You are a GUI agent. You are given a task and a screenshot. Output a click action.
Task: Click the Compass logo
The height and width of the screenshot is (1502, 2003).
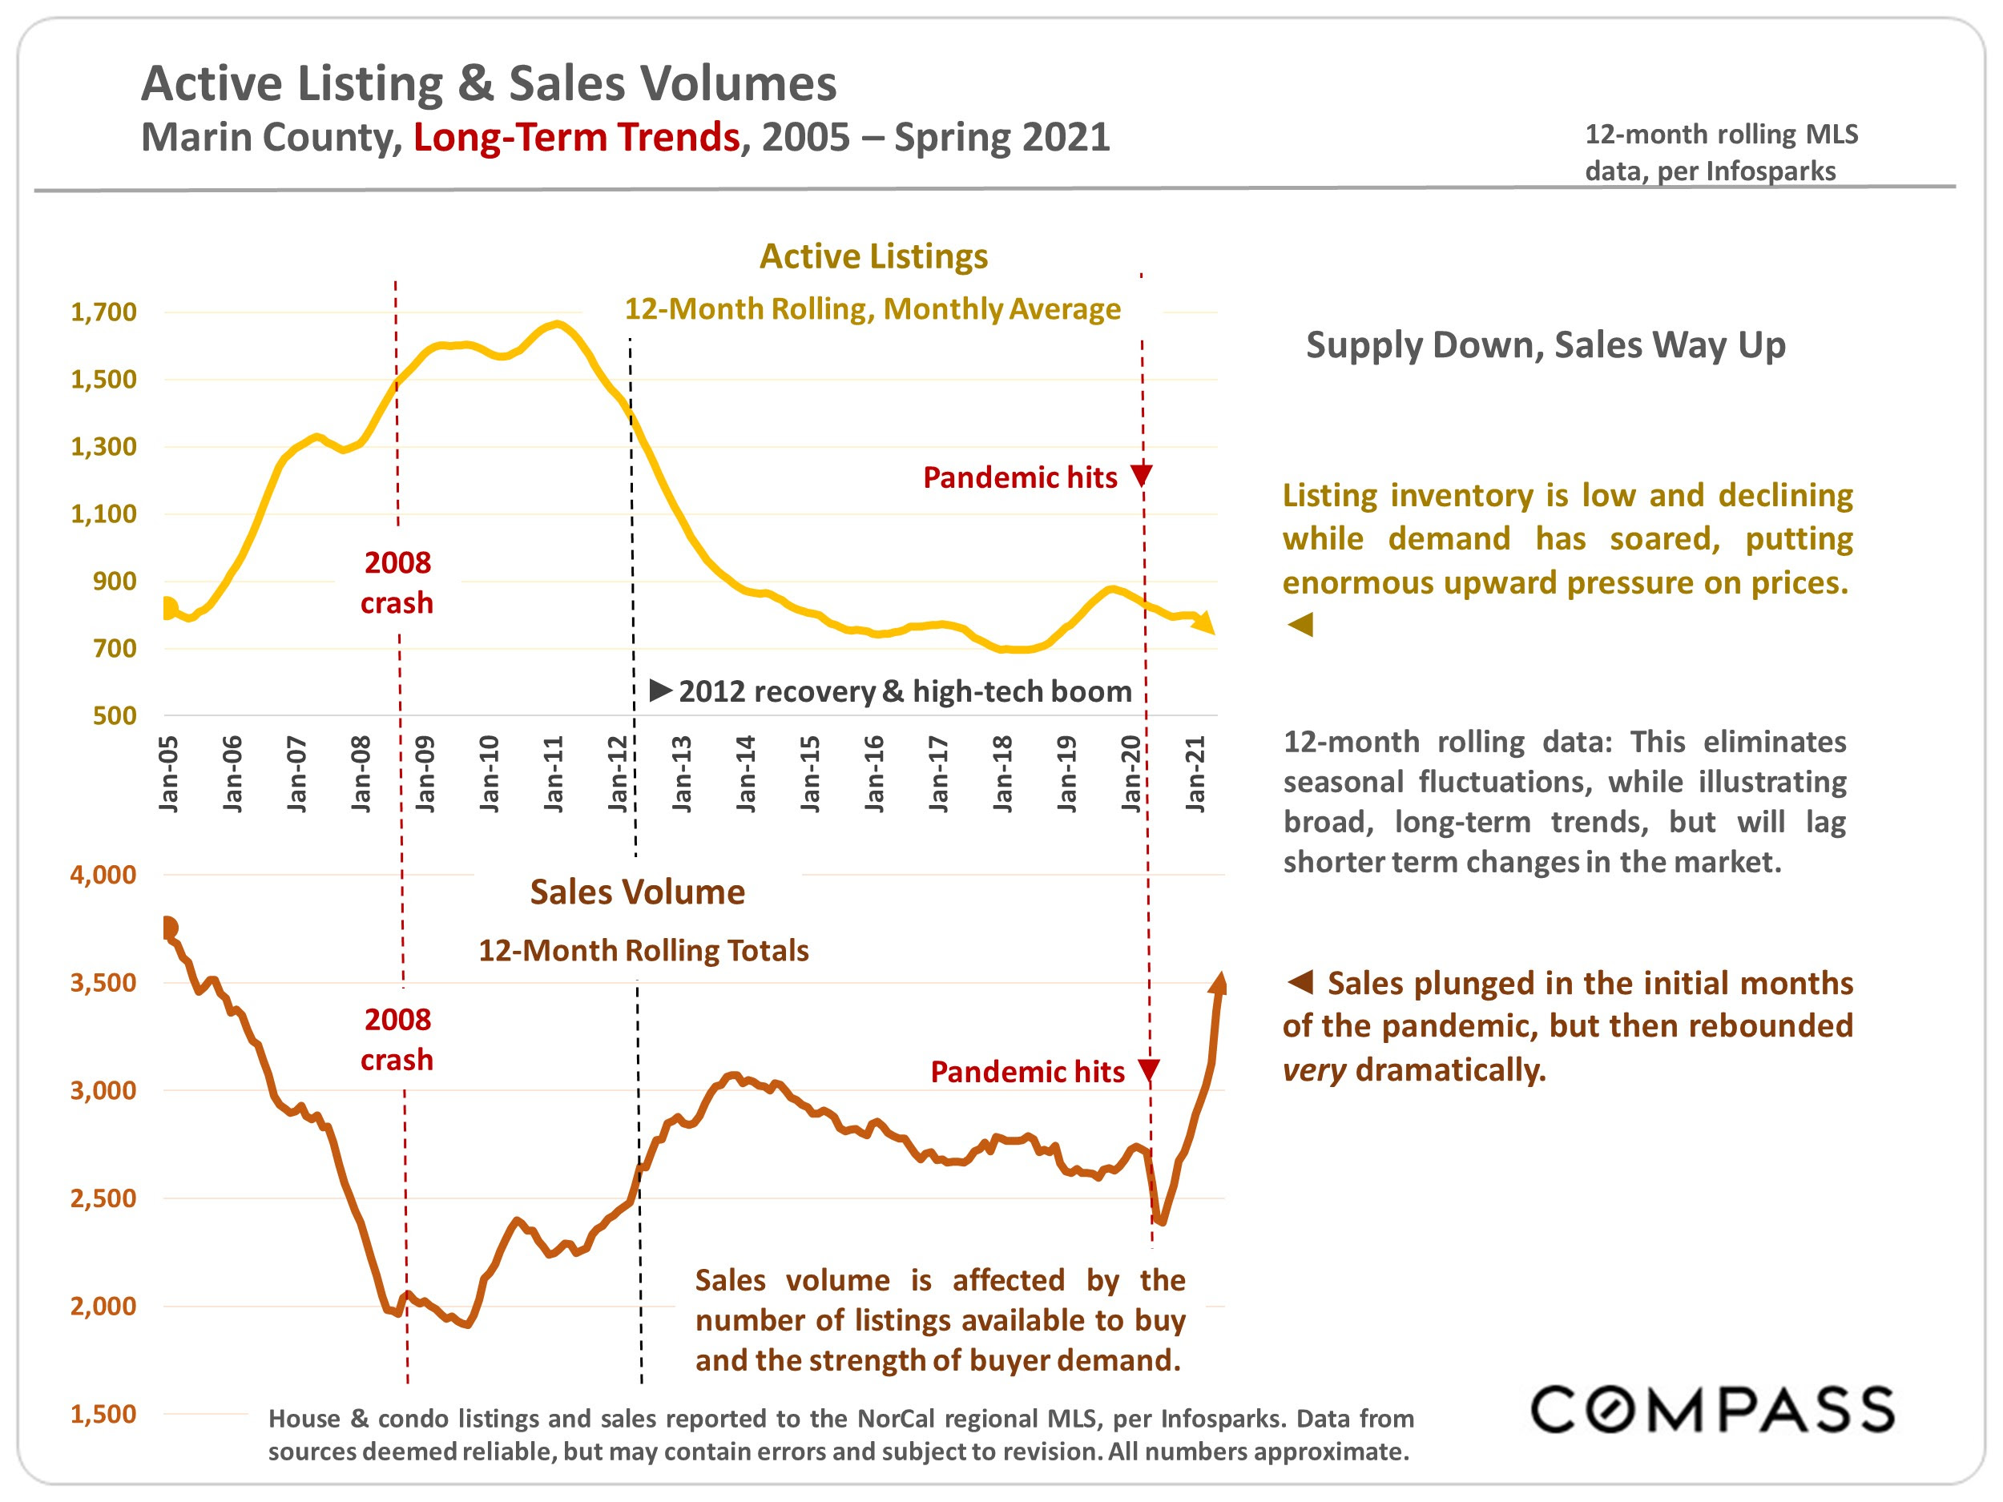click(1711, 1409)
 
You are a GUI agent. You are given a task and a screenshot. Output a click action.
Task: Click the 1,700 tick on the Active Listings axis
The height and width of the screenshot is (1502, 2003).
click(104, 312)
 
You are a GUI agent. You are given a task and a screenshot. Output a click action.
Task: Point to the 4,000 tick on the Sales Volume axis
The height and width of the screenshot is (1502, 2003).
click(103, 875)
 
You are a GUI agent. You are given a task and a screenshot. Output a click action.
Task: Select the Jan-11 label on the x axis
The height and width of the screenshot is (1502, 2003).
click(554, 774)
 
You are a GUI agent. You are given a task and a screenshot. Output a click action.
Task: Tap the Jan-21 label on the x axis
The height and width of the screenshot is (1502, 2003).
click(1195, 774)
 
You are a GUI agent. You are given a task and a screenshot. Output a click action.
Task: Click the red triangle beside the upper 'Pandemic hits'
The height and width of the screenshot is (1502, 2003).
click(1142, 475)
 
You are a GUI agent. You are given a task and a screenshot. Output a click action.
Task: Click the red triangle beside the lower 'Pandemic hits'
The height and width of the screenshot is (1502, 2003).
click(1149, 1071)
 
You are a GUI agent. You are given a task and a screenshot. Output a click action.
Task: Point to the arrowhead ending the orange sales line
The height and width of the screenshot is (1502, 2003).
click(1219, 985)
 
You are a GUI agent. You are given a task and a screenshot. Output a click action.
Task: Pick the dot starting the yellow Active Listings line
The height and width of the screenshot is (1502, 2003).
click(168, 608)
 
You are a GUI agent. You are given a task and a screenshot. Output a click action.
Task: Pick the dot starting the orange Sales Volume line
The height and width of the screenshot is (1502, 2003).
click(168, 928)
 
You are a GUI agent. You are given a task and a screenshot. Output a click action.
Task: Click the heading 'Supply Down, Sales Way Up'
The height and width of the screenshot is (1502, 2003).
click(1545, 345)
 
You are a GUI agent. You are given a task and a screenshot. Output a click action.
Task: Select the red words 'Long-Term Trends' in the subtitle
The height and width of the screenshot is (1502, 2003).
click(577, 138)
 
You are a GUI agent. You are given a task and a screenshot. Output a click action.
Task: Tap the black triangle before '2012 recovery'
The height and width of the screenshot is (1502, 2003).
click(660, 691)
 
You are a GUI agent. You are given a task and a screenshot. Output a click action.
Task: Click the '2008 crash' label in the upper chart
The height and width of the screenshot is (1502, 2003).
click(397, 582)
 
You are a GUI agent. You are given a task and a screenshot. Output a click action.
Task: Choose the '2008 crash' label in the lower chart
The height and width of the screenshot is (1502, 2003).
click(397, 1039)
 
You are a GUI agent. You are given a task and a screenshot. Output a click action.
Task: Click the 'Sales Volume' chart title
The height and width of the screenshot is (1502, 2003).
click(638, 892)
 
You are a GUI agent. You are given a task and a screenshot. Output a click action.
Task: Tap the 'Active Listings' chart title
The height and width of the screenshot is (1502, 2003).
click(873, 256)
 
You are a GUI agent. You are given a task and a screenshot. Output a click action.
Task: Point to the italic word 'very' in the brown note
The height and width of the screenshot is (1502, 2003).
click(1314, 1070)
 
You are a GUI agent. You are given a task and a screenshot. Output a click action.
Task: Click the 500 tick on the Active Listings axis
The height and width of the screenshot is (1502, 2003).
click(114, 716)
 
